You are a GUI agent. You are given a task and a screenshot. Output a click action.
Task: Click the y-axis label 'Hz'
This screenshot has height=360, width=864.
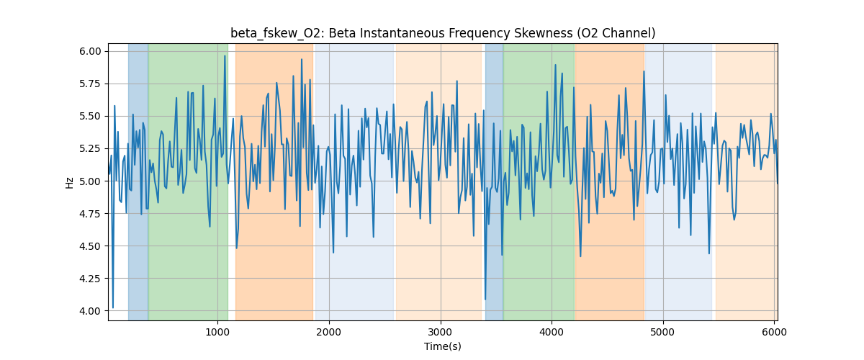(x=70, y=182)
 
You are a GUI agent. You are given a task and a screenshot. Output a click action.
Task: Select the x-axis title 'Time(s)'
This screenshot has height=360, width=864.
(x=443, y=346)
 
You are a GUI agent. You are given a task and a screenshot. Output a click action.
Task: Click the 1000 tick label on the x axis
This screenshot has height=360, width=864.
(x=217, y=331)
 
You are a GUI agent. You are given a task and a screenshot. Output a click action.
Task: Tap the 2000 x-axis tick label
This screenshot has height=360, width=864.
(x=329, y=331)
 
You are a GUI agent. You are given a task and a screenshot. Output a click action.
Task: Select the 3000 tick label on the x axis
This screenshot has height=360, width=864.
(x=440, y=331)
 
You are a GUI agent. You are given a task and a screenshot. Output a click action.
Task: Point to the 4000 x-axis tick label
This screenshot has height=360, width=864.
(x=552, y=331)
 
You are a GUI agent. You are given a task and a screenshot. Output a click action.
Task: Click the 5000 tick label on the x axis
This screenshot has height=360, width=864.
(x=662, y=331)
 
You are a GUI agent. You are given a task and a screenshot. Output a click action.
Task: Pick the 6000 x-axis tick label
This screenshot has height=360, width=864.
(x=774, y=331)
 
